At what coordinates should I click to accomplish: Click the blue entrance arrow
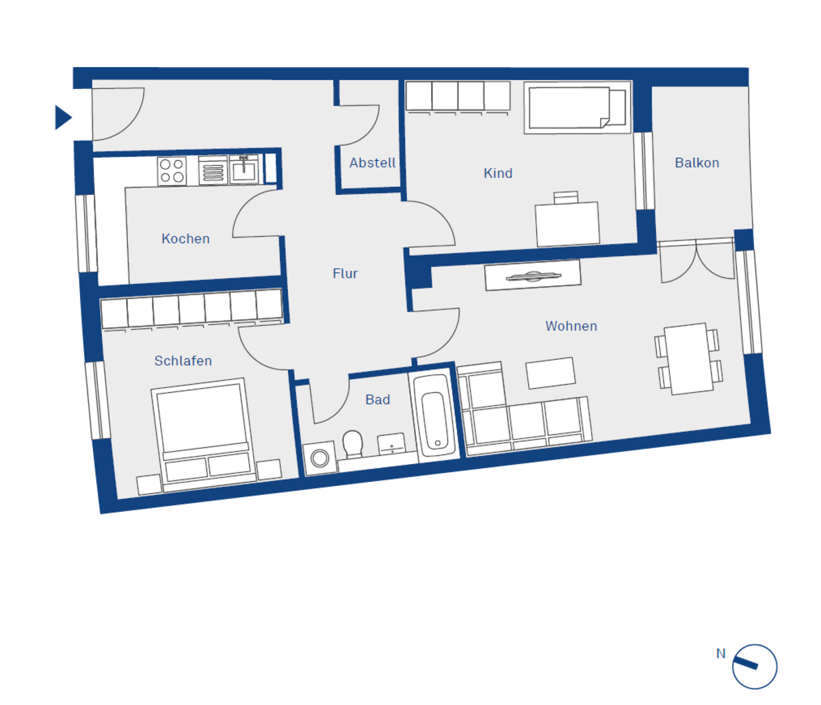coord(62,118)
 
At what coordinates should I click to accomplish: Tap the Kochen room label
coord(185,239)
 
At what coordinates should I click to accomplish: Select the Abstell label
coord(373,162)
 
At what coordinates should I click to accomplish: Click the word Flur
coord(345,273)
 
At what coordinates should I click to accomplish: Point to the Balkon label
coord(697,162)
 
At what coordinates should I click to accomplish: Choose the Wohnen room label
coord(571,326)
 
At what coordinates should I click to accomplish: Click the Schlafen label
coord(183,361)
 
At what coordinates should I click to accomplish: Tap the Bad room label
coord(378,400)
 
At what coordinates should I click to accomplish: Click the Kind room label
coord(498,173)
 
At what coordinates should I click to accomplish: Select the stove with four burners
coord(172,171)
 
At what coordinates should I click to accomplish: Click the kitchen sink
coord(244,170)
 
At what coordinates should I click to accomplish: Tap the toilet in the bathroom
coord(353,444)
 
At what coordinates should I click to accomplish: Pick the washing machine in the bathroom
coord(320,458)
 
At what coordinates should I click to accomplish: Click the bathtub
coord(434,418)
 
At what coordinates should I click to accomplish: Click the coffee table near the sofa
coord(551,373)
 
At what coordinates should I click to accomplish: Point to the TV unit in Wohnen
coord(533,275)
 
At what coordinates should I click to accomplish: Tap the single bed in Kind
coord(577,107)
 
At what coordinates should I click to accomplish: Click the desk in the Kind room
coord(567,224)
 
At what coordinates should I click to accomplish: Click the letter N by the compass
coord(721,654)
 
